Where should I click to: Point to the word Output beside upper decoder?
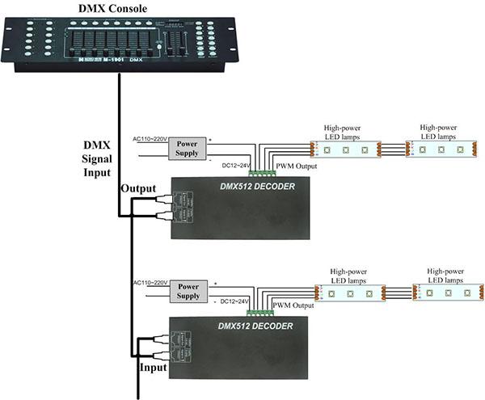click(x=138, y=187)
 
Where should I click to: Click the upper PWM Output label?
click(x=297, y=166)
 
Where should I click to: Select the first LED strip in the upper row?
click(x=345, y=149)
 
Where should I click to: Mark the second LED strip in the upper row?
click(x=440, y=149)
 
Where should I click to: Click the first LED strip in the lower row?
click(x=350, y=292)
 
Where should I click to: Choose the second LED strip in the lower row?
click(x=446, y=292)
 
